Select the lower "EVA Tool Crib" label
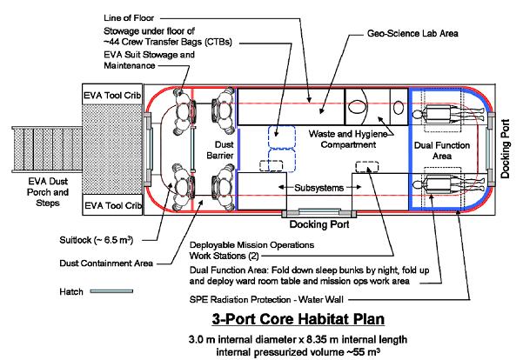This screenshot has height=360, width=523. pos(111,205)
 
